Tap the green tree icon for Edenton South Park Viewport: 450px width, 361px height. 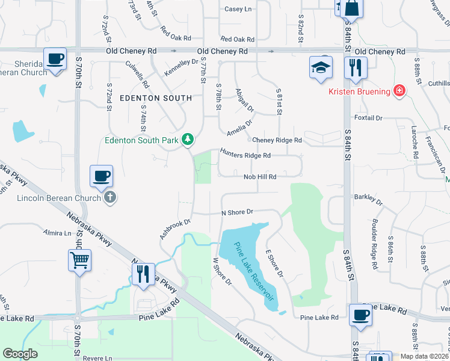[188, 140]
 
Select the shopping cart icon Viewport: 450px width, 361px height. [79, 261]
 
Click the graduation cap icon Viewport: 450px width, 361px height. [321, 67]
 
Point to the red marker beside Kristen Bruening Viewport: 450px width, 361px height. [398, 91]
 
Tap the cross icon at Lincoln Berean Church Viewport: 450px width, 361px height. [109, 197]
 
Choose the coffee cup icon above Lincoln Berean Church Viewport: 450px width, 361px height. [101, 176]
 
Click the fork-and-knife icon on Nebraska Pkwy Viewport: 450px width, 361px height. [143, 274]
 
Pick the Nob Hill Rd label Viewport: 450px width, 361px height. [259, 177]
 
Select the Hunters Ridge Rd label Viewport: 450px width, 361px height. [245, 155]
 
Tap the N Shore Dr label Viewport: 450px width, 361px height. [238, 212]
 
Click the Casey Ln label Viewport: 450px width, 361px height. [238, 9]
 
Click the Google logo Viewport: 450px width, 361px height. [20, 354]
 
